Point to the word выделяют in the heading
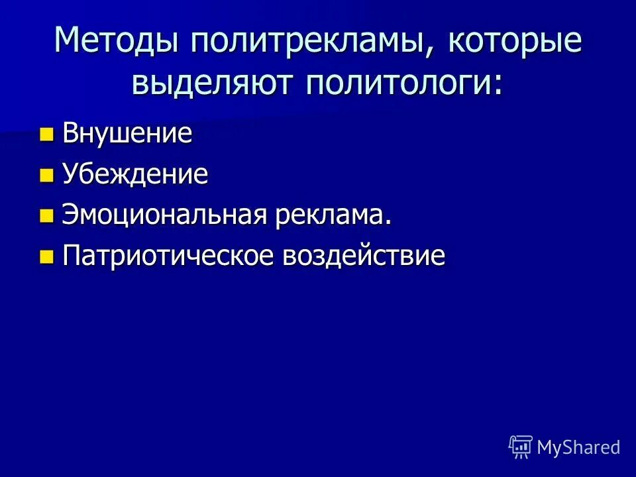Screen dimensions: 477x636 pos(215,83)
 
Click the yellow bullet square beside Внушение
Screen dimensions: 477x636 pos(46,135)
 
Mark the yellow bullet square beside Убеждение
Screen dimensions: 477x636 pos(46,176)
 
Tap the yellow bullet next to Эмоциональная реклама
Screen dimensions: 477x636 pos(46,217)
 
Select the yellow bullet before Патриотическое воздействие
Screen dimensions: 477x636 pos(46,257)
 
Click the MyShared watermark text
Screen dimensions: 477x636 pos(578,447)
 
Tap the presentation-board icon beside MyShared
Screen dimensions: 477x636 pos(521,447)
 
